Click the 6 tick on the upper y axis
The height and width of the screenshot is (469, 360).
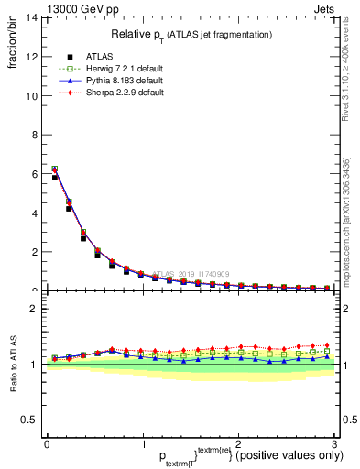pos(33,173)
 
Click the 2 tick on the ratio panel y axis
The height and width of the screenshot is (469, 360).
pos(33,309)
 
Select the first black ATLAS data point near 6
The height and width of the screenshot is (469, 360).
pos(55,177)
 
